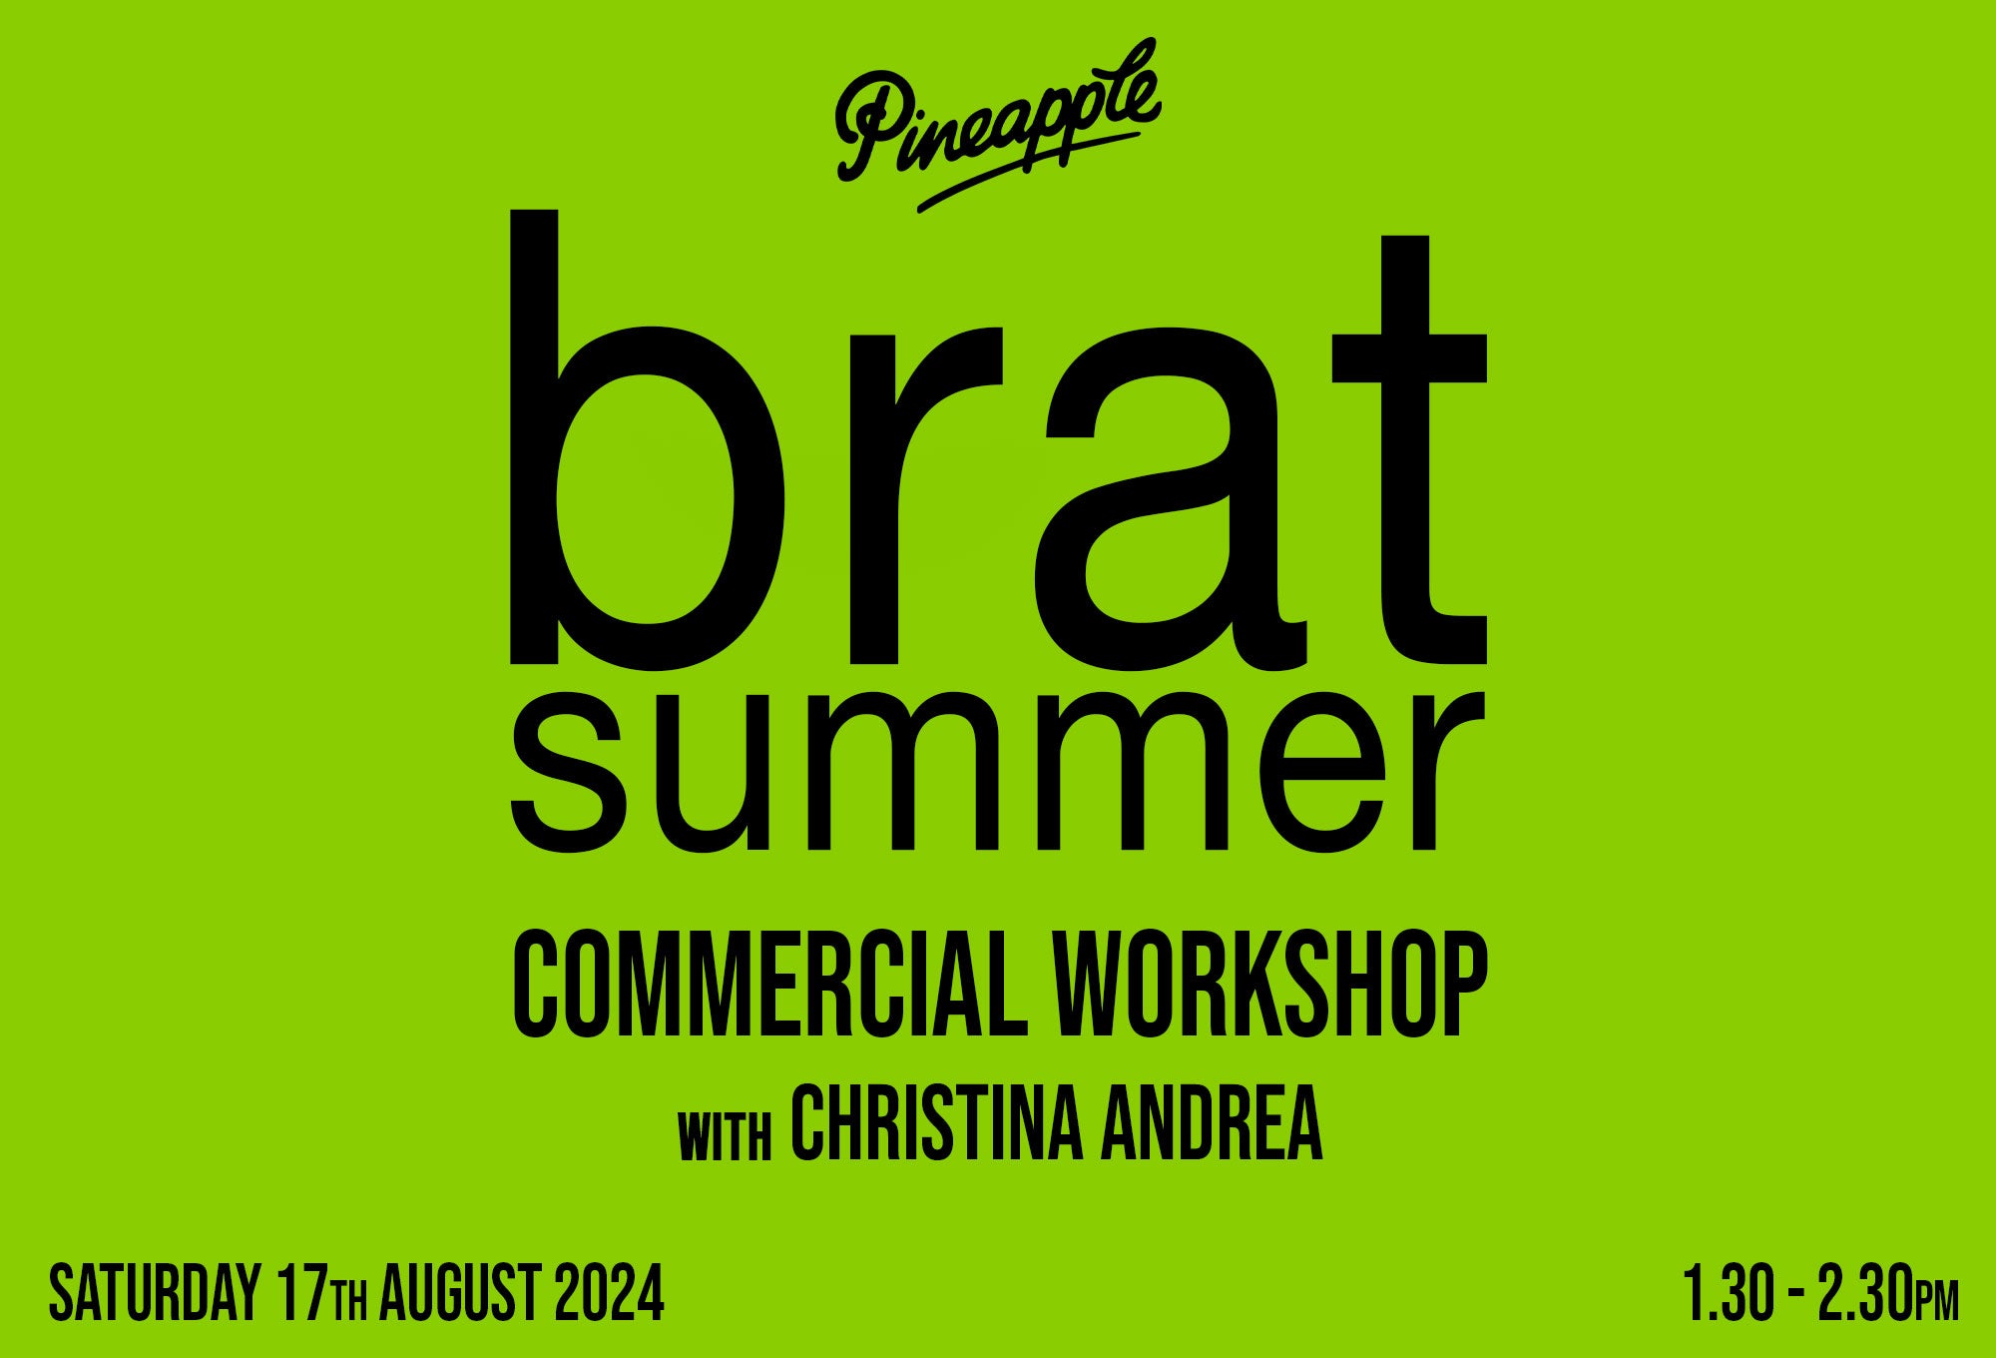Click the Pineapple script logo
(x=998, y=125)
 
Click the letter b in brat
(x=647, y=439)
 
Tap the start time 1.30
(x=1730, y=1292)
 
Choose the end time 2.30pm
(x=1888, y=1292)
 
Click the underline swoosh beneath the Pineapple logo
(x=1028, y=172)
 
